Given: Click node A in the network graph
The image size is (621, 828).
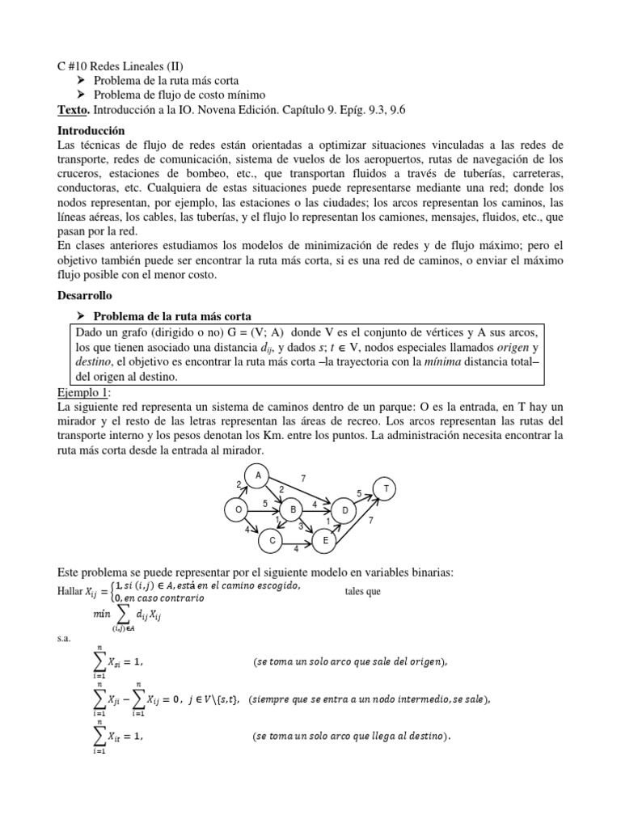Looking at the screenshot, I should coord(258,476).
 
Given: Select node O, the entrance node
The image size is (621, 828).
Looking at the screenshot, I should coord(237,510).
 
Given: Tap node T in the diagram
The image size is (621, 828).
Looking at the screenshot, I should coord(386,489).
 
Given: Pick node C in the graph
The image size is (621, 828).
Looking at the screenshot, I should coord(272,540).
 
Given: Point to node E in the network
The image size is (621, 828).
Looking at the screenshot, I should coord(324,540).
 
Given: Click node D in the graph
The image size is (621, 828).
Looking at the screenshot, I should coord(344,510).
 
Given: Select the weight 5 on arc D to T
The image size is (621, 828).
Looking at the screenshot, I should coord(359,492).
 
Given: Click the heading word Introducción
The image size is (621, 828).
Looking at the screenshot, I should coord(91,129).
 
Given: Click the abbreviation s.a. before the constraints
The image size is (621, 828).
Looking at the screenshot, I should coord(65,638).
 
